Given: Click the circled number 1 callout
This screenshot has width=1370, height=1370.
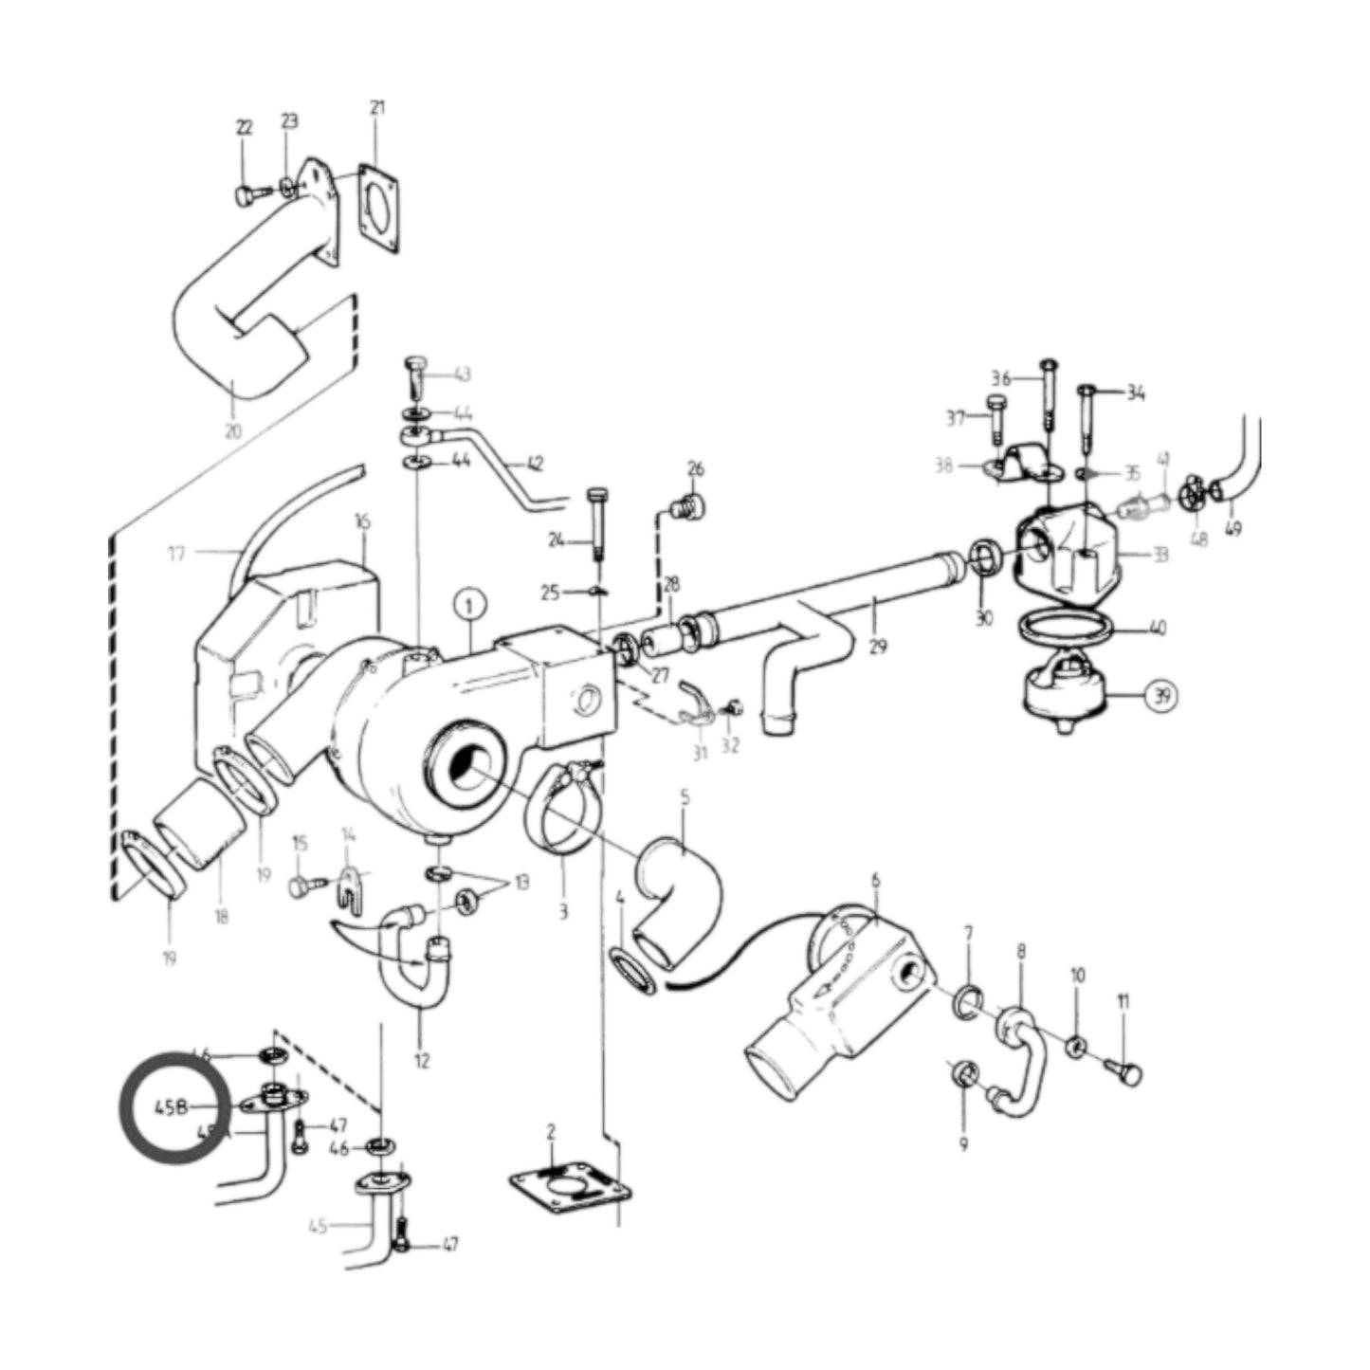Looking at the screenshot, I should (x=471, y=603).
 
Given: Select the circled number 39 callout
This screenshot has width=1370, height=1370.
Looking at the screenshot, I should (x=1161, y=695).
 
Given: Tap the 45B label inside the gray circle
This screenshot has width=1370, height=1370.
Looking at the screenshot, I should (x=172, y=1106).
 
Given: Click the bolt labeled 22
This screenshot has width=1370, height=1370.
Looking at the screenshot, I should (x=245, y=195).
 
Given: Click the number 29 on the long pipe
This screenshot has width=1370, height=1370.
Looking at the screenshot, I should (x=878, y=647).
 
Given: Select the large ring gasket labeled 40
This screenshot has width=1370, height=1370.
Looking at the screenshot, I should (x=1065, y=629).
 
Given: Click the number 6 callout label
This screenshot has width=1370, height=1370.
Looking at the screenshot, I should (x=875, y=881).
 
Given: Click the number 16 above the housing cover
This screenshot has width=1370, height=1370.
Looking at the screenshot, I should (x=363, y=521).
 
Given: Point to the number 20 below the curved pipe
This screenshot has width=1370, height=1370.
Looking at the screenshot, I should (x=233, y=431).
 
